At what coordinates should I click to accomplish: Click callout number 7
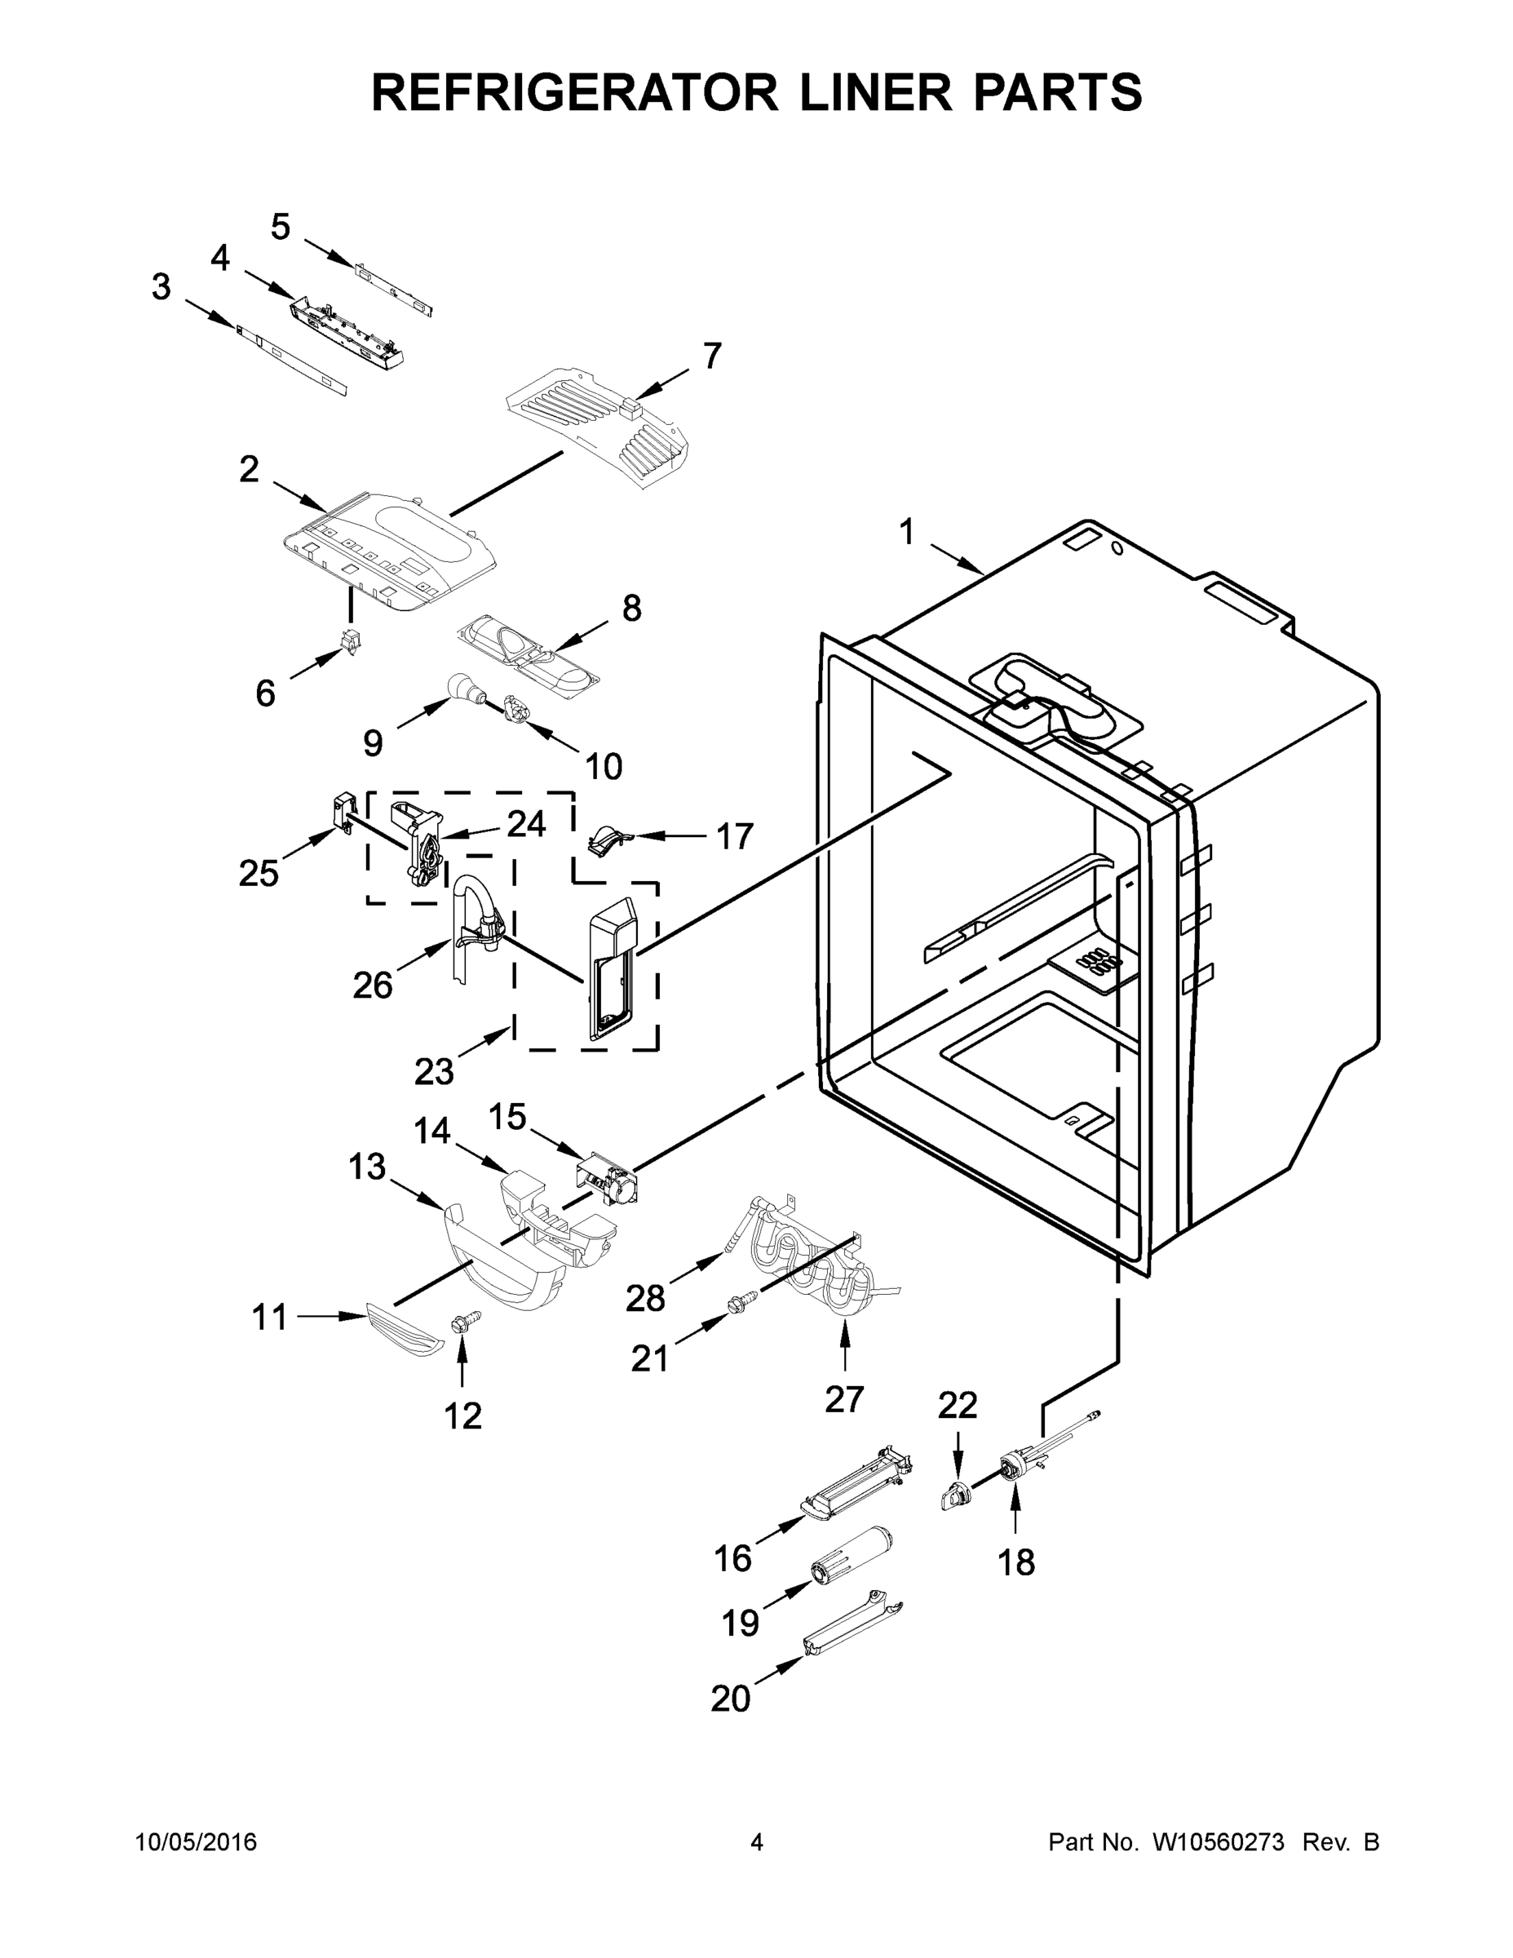pos(710,356)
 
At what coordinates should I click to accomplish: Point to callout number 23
pos(434,1070)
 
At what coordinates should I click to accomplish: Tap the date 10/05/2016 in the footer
pos(197,1841)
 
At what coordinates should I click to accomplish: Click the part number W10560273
pos(1217,1841)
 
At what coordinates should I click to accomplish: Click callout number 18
pos(1015,1562)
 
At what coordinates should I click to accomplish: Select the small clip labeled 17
pos(607,840)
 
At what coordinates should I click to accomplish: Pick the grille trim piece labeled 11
pos(405,1331)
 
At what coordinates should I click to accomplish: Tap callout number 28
pos(645,1297)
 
